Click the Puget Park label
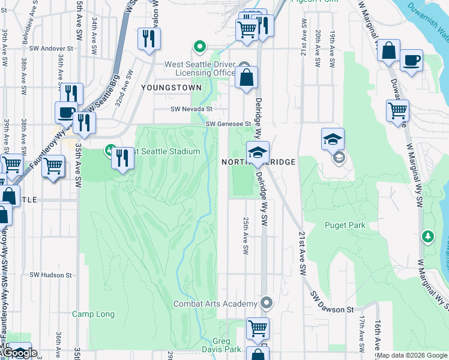(x=345, y=225)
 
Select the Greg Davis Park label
(x=221, y=345)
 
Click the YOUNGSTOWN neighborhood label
(x=163, y=87)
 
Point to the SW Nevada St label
(x=191, y=109)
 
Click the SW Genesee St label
(x=228, y=124)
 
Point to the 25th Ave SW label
(x=245, y=235)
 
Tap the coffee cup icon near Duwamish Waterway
(x=411, y=61)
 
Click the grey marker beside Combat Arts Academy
(x=267, y=303)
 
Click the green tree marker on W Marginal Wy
(x=428, y=237)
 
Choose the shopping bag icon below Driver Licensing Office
(x=246, y=77)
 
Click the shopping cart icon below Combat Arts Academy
(x=258, y=328)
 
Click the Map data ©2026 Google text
(x=412, y=355)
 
